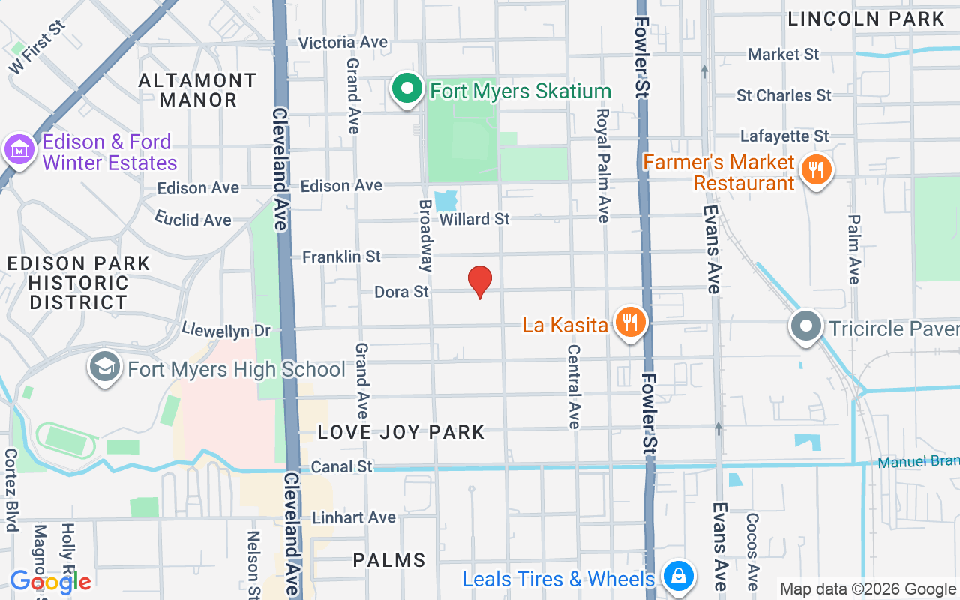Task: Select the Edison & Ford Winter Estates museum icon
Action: point(19,150)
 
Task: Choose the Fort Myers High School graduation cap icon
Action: point(105,367)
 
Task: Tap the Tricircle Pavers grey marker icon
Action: point(806,327)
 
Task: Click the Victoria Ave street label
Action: point(343,43)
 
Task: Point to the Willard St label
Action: point(474,219)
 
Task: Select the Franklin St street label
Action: point(341,256)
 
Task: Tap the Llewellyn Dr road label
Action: point(226,329)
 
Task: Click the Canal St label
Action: point(341,466)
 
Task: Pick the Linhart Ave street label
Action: point(353,517)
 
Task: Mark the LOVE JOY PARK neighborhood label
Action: point(401,432)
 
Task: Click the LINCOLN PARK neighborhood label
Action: point(866,19)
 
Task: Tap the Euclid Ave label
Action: point(193,219)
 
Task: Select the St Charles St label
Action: point(784,95)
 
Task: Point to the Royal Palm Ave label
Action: point(603,165)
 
